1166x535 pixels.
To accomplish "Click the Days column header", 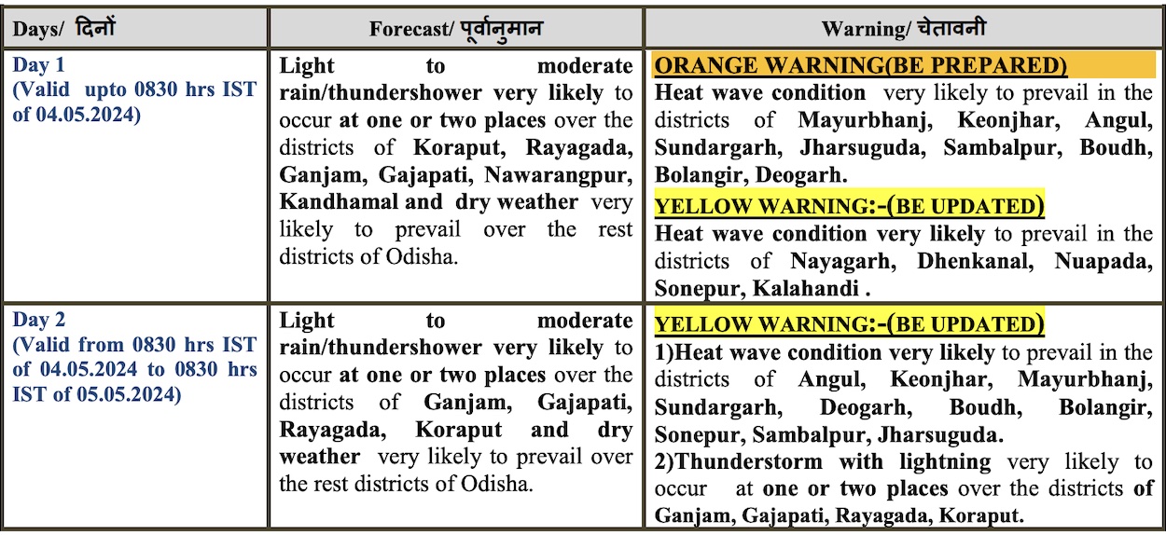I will [63, 29].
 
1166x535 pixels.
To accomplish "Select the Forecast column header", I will [455, 29].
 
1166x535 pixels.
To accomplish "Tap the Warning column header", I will [903, 29].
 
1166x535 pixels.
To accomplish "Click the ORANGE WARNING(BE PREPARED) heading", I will [860, 65].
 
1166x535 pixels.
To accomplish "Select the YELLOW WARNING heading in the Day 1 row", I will [849, 206].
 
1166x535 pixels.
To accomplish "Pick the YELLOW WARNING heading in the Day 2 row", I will [849, 325].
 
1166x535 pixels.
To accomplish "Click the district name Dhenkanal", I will [976, 261].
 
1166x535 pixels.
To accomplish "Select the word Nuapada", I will [1104, 261].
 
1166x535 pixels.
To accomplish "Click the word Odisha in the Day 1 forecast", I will [422, 256].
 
